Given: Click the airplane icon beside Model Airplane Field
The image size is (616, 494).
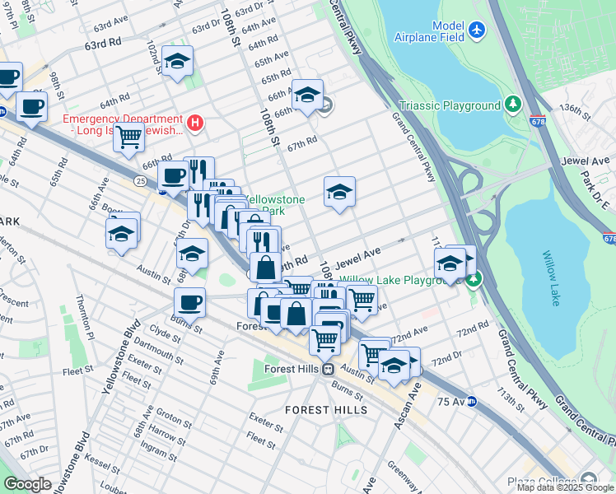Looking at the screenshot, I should point(477,30).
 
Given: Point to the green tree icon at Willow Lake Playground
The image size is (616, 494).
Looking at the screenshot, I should point(474,280).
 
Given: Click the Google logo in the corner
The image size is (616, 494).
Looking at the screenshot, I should point(27,484).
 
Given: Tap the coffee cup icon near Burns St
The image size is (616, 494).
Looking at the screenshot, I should point(189,302).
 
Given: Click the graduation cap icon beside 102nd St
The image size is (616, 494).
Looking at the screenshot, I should point(177,61).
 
